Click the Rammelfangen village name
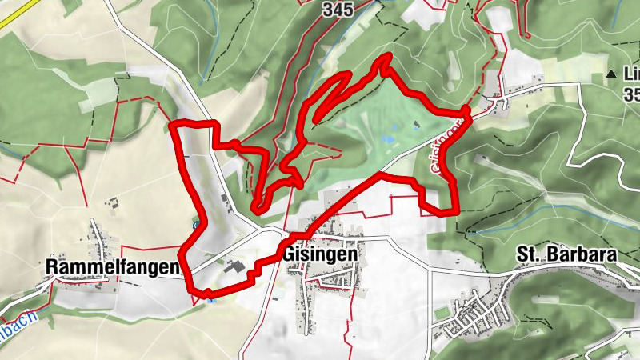(x=111, y=266)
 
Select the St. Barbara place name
(x=566, y=254)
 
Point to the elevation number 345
(x=338, y=9)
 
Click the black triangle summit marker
(x=611, y=74)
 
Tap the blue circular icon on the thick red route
(x=195, y=225)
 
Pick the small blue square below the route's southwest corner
(x=210, y=299)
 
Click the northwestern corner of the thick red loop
(x=176, y=124)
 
